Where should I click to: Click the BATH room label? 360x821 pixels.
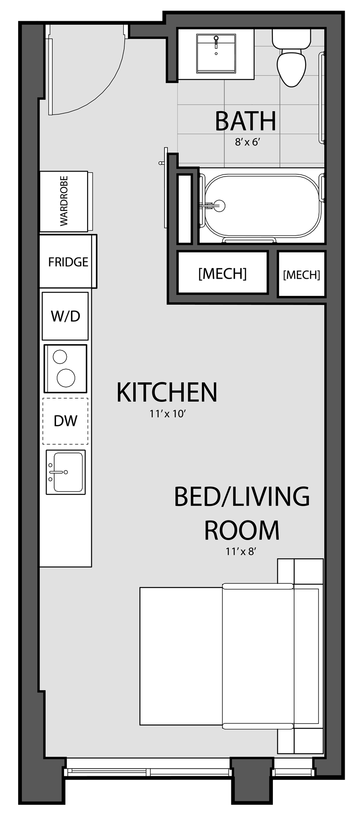coord(245,121)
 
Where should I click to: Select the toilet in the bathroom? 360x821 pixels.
coord(291,58)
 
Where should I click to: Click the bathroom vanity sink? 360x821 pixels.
coord(216,53)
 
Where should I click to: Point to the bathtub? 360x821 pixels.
coord(262,206)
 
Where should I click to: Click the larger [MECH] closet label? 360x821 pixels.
coord(222,273)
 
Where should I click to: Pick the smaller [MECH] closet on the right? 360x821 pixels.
coord(301,274)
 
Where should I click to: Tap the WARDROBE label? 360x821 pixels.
coord(64,201)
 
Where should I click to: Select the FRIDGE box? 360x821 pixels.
coord(68,261)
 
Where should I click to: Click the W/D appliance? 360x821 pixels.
coord(65,316)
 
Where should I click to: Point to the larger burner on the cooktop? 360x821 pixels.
coord(66,378)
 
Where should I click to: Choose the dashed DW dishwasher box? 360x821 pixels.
coord(65,421)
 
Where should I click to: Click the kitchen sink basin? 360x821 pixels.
coord(68,472)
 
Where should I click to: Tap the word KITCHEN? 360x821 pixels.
coord(167,392)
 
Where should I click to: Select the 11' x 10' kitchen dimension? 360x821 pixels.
coord(168,414)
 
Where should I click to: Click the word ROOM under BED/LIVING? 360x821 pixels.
coord(242,530)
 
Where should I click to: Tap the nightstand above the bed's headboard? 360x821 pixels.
coord(300,571)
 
